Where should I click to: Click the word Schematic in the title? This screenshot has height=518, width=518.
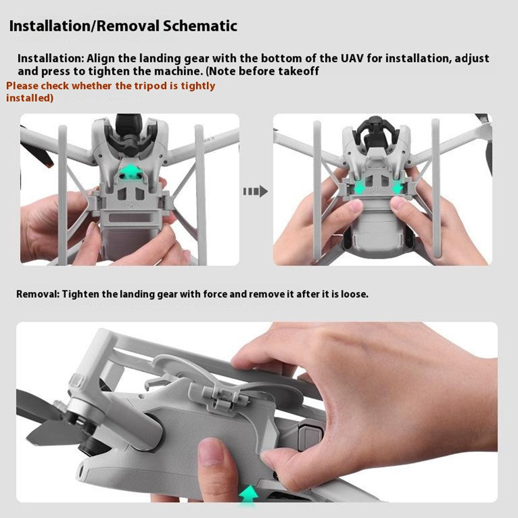pos(200,26)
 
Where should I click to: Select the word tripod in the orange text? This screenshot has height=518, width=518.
pos(147,86)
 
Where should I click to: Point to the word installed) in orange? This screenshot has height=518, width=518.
pos(30,98)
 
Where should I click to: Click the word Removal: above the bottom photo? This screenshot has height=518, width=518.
pos(38,294)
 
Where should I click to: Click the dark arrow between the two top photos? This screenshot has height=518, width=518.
pos(255,191)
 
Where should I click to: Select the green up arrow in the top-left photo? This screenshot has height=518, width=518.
pos(132,171)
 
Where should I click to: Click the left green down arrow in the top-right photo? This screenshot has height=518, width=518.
pos(359,188)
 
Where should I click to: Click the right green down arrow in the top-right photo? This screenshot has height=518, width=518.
pos(397,187)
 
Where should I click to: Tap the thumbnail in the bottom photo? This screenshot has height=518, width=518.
pos(210,451)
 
